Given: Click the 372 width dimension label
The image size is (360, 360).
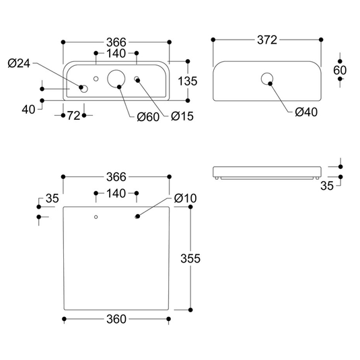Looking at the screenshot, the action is point(267,40).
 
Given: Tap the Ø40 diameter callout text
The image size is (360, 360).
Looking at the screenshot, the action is point(306,112).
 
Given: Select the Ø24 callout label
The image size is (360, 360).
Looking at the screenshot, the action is point(19,63).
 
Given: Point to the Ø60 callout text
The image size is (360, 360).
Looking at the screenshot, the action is point(148,117).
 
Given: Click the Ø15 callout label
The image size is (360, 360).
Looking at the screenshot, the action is point(182,116).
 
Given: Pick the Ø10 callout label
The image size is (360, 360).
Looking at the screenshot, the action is point(185,198).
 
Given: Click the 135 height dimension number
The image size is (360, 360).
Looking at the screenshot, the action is point(188,81).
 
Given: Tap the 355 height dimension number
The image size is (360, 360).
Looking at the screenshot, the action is point(190,258).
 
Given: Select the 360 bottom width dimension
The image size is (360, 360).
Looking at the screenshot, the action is point(116,319).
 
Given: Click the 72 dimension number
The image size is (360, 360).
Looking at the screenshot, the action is point(74,116).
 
